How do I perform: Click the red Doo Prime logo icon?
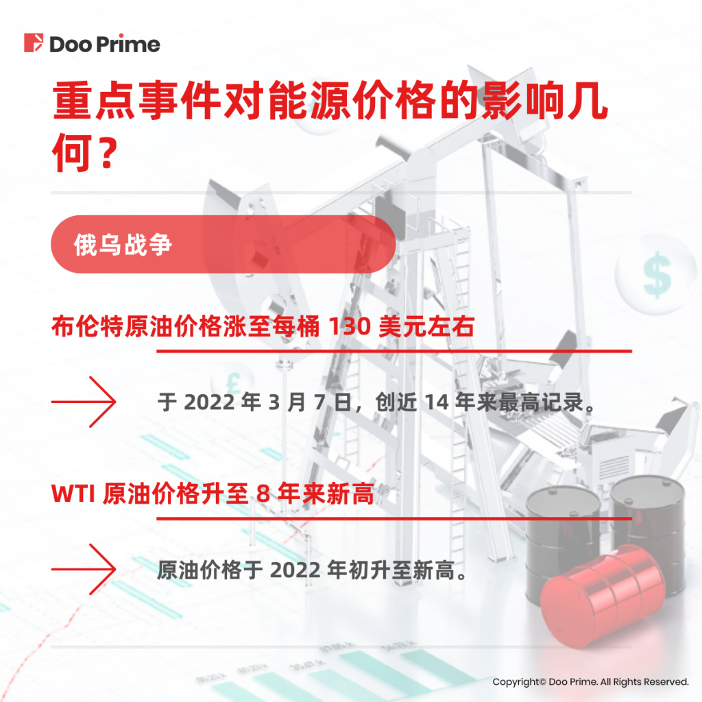click(x=34, y=43)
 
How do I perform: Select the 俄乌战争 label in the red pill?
click(x=123, y=245)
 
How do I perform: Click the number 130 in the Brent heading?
click(x=350, y=326)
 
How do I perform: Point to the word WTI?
click(x=73, y=494)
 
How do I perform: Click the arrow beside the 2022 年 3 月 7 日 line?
click(x=84, y=402)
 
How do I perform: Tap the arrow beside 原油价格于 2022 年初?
click(x=84, y=569)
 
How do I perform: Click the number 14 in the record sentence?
click(x=437, y=402)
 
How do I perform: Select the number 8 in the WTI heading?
click(x=263, y=494)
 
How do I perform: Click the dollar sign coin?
click(x=656, y=274)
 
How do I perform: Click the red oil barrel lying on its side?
click(x=602, y=596)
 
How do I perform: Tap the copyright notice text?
click(x=590, y=682)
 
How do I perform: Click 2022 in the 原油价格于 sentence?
click(x=295, y=570)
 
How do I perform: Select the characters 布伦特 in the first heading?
click(x=88, y=326)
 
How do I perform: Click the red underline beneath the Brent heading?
click(x=394, y=352)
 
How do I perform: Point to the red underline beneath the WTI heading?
click(x=394, y=518)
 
